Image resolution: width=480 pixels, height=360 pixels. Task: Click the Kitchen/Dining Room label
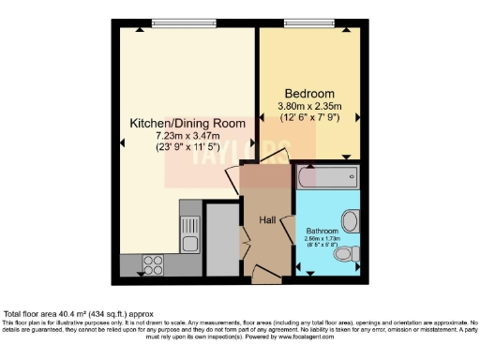[x=187, y=123]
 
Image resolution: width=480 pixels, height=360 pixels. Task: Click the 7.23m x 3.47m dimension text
[x=187, y=135]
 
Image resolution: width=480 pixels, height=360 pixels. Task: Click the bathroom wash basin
[x=351, y=221]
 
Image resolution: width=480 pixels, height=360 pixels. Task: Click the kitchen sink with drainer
[x=188, y=238]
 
